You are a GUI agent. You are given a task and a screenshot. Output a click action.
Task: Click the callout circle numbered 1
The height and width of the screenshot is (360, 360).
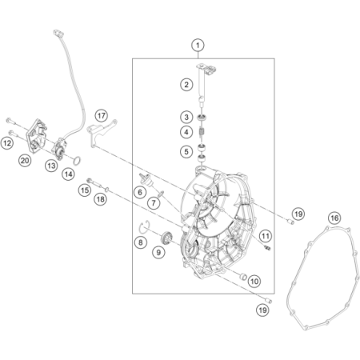(x=198, y=46)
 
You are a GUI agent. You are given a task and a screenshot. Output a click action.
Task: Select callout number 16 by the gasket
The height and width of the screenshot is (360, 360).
(x=334, y=218)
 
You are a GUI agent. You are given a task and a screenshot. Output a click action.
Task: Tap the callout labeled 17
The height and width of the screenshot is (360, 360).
(x=101, y=116)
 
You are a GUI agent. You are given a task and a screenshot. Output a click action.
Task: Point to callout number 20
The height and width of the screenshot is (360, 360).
(x=25, y=161)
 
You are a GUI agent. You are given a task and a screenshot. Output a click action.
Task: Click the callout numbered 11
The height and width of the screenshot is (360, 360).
(x=265, y=236)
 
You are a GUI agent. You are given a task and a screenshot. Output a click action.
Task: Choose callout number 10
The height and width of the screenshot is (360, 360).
(x=254, y=281)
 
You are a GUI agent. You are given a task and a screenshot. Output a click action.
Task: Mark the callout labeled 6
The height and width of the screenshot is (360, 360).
(x=140, y=192)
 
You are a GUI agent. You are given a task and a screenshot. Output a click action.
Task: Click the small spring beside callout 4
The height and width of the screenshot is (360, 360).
(x=203, y=132)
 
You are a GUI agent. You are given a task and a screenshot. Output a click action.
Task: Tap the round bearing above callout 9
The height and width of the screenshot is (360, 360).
(x=167, y=237)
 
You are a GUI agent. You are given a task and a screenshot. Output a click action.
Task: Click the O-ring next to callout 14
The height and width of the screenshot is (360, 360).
(x=77, y=161)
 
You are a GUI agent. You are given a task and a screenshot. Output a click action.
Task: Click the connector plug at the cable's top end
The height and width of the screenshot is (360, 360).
(x=58, y=33)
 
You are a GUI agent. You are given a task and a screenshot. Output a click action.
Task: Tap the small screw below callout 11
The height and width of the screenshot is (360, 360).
(x=267, y=248)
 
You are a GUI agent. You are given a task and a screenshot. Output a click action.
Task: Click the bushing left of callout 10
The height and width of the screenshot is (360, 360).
(x=242, y=277)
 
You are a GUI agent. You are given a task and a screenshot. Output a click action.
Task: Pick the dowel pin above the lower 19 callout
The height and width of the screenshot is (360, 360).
(x=268, y=301)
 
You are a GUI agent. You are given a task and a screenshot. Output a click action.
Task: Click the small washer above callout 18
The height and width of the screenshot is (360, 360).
(x=107, y=189)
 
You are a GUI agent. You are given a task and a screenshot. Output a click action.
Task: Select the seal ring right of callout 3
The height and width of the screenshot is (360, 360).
(x=203, y=117)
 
